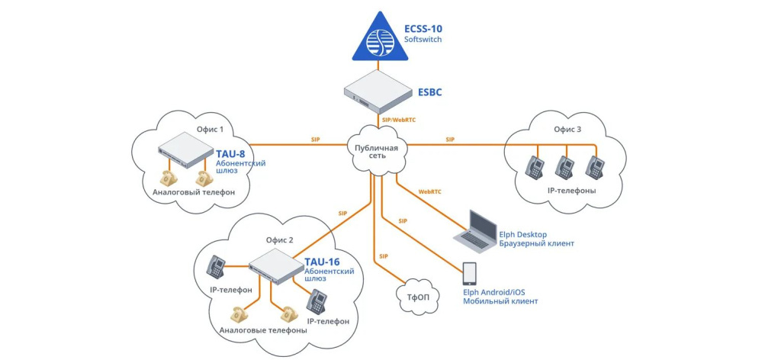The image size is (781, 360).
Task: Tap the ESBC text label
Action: point(429,92)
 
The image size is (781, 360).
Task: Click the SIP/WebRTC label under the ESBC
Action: point(398,120)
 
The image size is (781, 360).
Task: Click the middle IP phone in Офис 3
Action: point(564,167)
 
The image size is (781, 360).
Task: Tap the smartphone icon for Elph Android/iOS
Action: point(470,274)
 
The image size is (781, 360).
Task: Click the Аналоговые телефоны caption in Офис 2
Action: point(263,330)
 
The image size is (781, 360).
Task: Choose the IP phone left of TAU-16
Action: point(217,266)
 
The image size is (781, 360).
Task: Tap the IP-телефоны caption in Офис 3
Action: point(571,190)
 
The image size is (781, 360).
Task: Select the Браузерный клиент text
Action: point(536,243)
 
